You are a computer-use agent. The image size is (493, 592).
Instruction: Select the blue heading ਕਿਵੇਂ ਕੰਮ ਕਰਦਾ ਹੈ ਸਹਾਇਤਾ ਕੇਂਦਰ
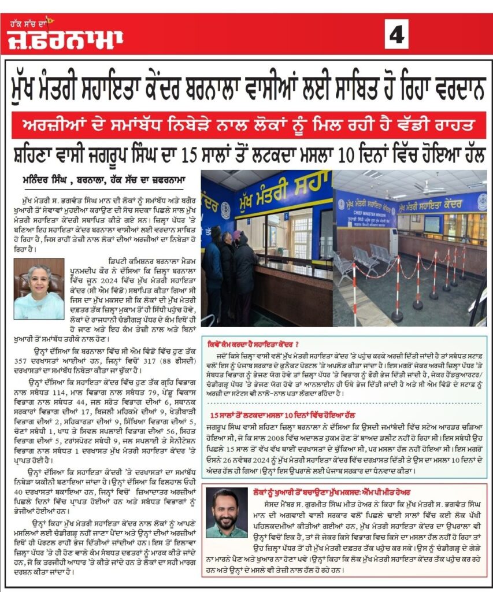251,341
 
